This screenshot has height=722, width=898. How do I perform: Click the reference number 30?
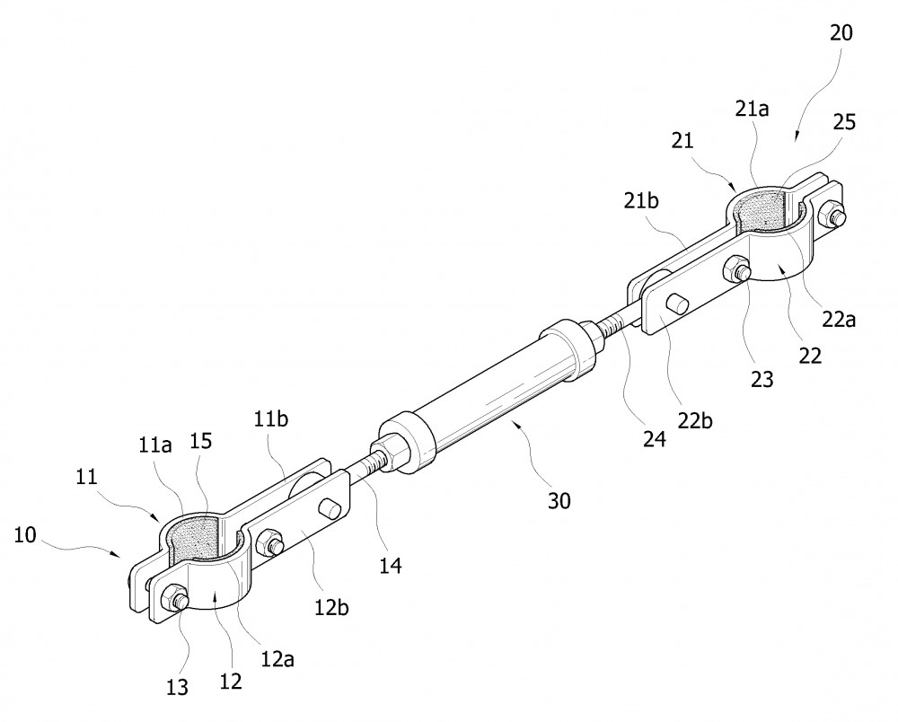click(x=559, y=501)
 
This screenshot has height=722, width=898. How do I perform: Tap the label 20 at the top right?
click(x=841, y=33)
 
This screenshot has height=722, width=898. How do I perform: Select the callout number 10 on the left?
click(x=25, y=535)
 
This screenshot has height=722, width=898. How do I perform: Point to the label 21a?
click(x=753, y=109)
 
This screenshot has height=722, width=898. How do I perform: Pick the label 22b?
click(x=695, y=421)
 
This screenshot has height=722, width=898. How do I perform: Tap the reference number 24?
click(x=654, y=438)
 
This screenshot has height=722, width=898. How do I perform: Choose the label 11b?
click(x=271, y=419)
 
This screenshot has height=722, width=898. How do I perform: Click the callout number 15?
click(x=201, y=440)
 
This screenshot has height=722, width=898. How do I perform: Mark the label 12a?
click(x=277, y=660)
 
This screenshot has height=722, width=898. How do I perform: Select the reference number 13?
click(x=177, y=686)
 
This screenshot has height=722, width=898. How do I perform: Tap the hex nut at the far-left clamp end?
click(x=175, y=598)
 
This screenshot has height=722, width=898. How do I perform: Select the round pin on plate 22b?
click(x=678, y=304)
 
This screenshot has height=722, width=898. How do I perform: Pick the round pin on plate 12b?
click(x=331, y=508)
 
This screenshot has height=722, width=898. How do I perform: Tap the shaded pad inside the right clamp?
click(x=760, y=211)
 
